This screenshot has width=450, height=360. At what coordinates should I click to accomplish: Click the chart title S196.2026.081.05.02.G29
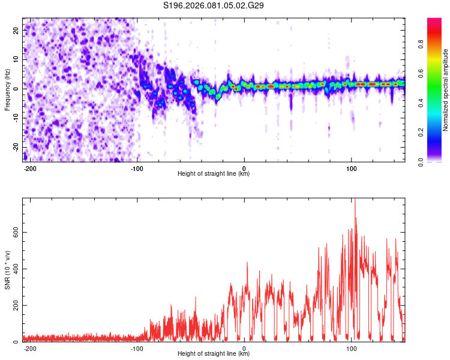214,5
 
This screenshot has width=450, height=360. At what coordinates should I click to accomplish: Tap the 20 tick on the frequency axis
16,30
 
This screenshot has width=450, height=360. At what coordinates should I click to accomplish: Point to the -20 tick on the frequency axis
15,148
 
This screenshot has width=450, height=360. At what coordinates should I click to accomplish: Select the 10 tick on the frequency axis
16,59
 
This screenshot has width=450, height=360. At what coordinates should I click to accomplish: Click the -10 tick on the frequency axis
15,118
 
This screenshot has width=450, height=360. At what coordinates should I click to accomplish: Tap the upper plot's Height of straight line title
214,174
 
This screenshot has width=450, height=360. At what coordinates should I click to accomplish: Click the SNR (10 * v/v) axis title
7,269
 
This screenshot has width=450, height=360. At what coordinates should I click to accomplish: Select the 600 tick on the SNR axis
14,232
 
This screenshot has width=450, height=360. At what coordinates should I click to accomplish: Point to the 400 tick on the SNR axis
14,269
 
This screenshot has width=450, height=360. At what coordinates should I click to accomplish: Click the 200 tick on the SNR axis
14,305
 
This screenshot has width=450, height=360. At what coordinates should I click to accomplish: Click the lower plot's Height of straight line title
214,354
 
